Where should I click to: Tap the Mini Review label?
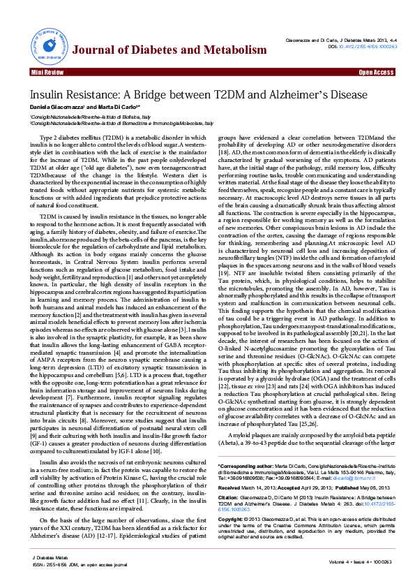tap(47, 72)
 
